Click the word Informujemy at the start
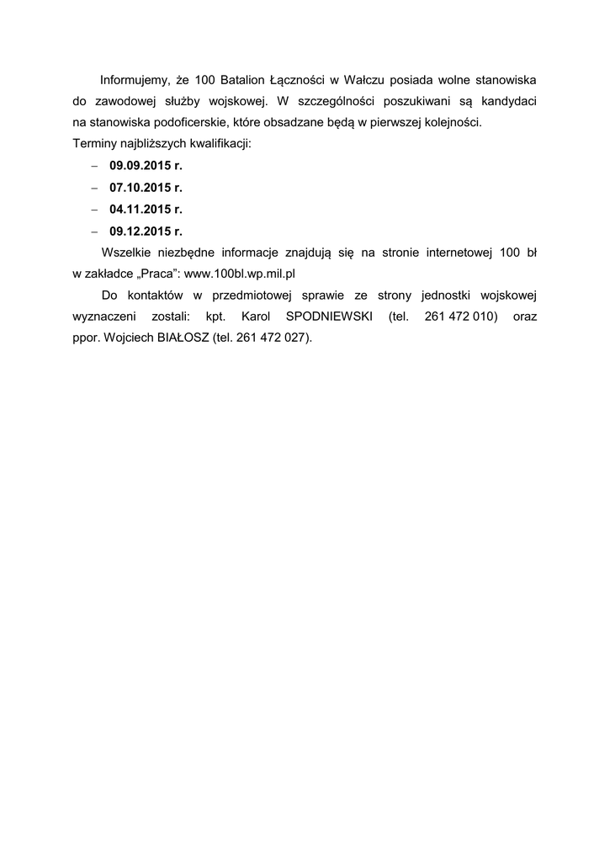[135, 80]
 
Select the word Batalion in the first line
[244, 80]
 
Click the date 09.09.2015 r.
[146, 166]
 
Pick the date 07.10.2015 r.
[146, 187]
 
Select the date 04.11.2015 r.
[146, 209]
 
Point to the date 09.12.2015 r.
[146, 231]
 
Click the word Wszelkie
[126, 252]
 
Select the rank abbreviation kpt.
[215, 317]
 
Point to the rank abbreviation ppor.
[87, 338]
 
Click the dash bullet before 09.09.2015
[95, 166]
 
